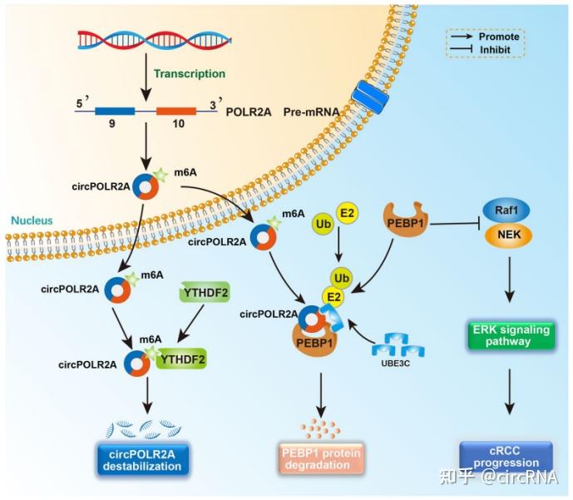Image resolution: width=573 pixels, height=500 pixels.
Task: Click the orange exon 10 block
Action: coord(175,111)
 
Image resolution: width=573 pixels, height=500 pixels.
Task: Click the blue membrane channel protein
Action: coord(371,98)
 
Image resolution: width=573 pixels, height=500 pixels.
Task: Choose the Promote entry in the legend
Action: coord(486,36)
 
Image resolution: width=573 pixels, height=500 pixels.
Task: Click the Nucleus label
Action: coord(32,220)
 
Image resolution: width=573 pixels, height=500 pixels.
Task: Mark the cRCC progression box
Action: coord(506,456)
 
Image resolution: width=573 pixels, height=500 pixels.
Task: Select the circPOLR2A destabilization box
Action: coord(141,459)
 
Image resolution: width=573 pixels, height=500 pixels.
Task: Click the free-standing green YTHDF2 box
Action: coord(203,292)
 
